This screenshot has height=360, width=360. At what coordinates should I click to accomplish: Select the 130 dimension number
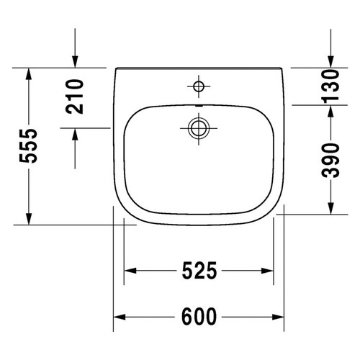click(x=330, y=86)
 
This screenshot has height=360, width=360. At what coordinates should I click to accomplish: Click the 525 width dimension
click(x=199, y=271)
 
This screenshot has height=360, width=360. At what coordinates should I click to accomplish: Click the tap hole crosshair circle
click(x=198, y=86)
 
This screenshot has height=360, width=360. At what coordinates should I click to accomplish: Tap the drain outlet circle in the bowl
click(x=198, y=129)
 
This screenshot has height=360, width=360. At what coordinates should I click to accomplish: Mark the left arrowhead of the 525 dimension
click(x=130, y=271)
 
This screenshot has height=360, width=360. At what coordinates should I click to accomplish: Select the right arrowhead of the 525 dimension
click(x=269, y=271)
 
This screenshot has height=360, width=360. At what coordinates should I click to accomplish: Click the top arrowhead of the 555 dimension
click(x=29, y=73)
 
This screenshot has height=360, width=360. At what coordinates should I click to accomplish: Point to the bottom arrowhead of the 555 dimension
click(x=29, y=220)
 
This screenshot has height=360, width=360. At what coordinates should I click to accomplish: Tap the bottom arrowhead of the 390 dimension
click(x=330, y=211)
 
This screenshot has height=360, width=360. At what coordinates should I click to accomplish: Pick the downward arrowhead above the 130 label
click(x=330, y=63)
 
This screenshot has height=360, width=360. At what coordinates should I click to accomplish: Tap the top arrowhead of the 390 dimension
click(x=330, y=109)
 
